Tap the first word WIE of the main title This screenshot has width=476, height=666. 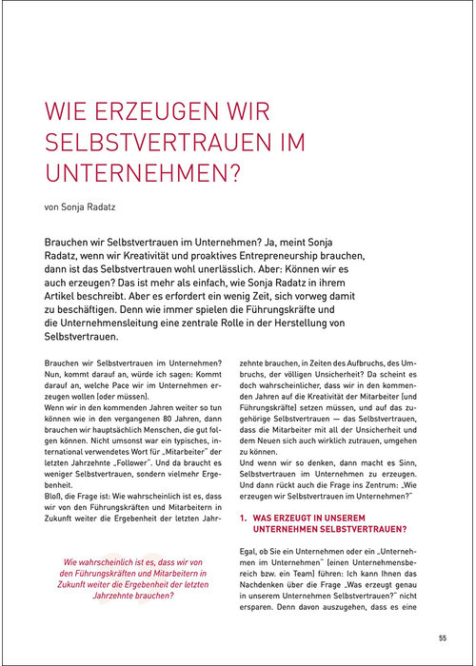click(x=68, y=113)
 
